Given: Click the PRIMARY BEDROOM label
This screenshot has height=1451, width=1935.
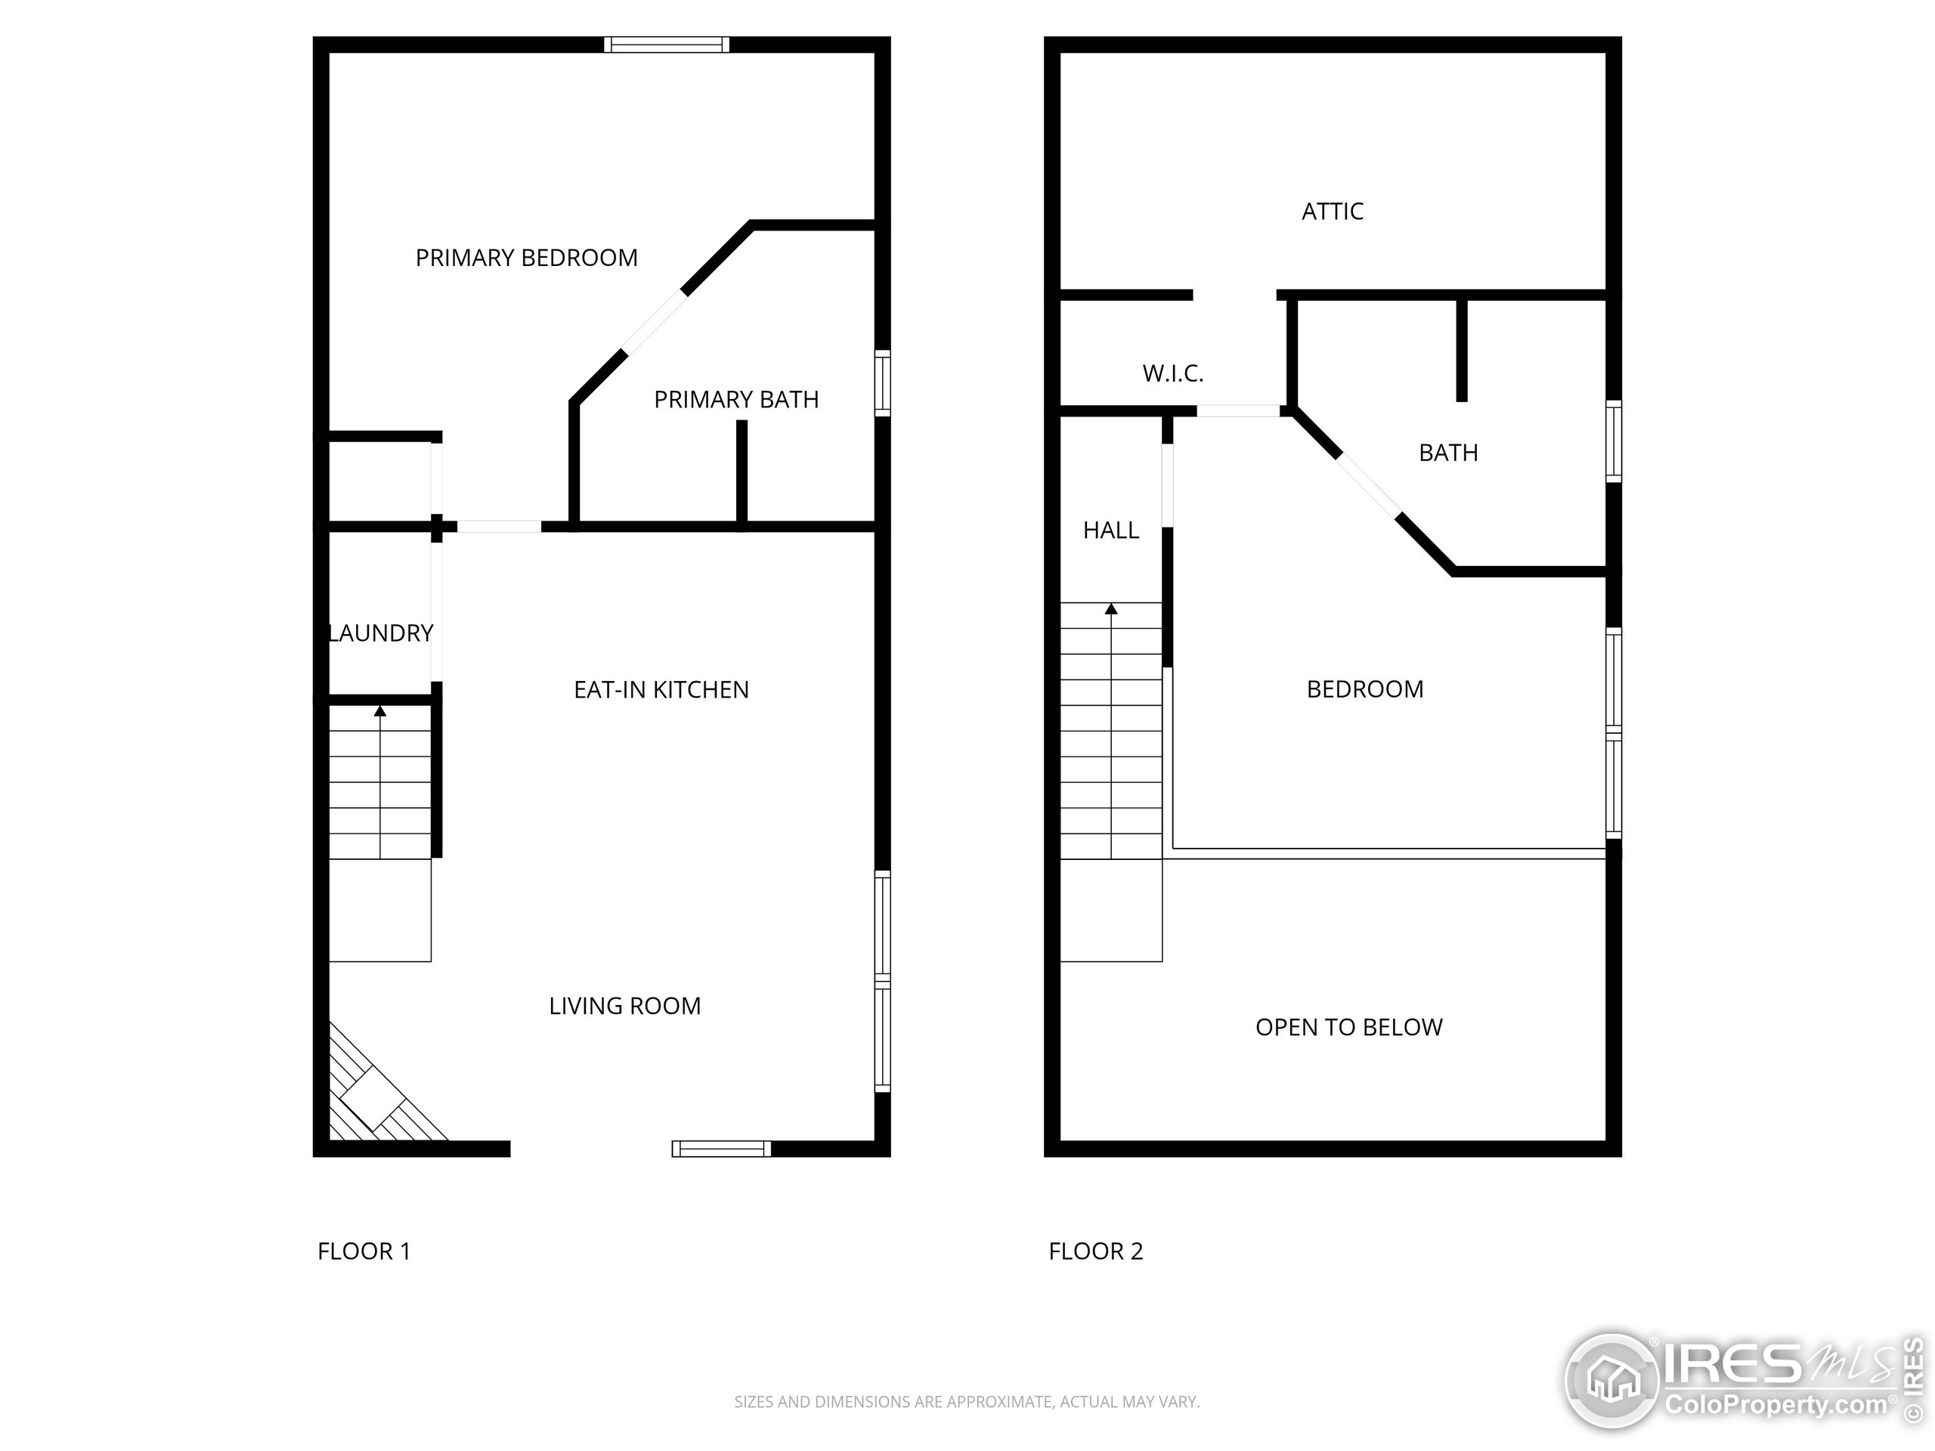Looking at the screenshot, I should click(x=526, y=258).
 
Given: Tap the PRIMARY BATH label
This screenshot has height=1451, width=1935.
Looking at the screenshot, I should click(x=735, y=400).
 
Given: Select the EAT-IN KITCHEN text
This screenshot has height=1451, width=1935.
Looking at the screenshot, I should click(x=661, y=690).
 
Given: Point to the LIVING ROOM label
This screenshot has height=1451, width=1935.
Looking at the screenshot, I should click(x=624, y=1006).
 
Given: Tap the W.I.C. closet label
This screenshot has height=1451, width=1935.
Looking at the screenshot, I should click(x=1172, y=374).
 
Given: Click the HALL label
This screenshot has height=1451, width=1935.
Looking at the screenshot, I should click(x=1110, y=530).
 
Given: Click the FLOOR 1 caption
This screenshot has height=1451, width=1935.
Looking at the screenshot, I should click(x=363, y=1251).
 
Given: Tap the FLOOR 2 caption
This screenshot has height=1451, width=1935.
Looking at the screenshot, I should click(x=1095, y=1251).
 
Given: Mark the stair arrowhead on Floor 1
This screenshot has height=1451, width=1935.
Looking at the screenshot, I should click(x=379, y=712).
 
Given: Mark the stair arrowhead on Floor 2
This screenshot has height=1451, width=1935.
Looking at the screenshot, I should click(x=1111, y=608).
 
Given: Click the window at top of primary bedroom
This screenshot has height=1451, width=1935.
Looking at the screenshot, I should click(x=667, y=45).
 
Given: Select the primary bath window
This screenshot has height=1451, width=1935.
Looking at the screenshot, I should click(x=883, y=383).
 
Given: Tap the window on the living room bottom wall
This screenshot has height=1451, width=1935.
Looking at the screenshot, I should click(x=721, y=1149).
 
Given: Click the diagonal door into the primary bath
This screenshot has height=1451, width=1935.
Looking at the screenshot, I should click(x=655, y=322).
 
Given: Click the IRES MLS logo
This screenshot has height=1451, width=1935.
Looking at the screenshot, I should click(x=1741, y=1382).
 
